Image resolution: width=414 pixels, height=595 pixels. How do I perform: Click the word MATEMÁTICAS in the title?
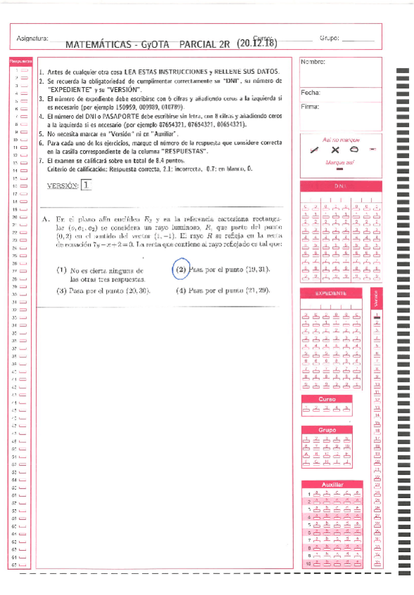[x=96, y=44]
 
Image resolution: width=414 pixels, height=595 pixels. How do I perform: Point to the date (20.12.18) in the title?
[x=257, y=43]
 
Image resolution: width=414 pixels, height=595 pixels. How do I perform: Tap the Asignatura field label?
[x=31, y=37]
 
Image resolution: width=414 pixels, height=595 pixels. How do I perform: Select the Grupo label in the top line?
[x=329, y=37]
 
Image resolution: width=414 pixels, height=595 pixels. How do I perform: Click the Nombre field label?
[x=312, y=62]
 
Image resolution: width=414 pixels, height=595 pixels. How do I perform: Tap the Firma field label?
[x=310, y=107]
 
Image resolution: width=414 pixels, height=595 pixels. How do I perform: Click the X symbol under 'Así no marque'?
[x=335, y=149]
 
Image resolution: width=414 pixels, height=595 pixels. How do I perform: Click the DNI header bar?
[x=340, y=187]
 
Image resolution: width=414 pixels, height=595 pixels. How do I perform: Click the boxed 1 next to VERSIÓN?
[x=86, y=185]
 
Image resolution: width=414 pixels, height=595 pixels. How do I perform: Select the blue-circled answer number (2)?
[x=181, y=269]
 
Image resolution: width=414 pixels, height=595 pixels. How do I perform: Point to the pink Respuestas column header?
[x=18, y=62]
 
